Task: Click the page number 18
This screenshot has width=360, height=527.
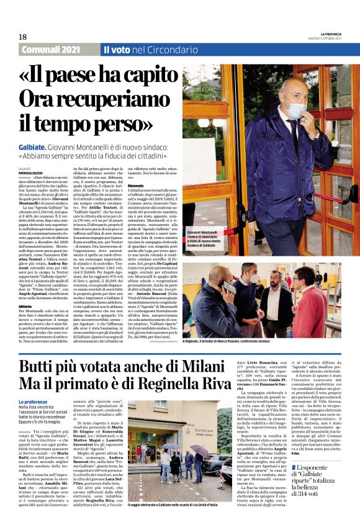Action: tap(22, 37)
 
